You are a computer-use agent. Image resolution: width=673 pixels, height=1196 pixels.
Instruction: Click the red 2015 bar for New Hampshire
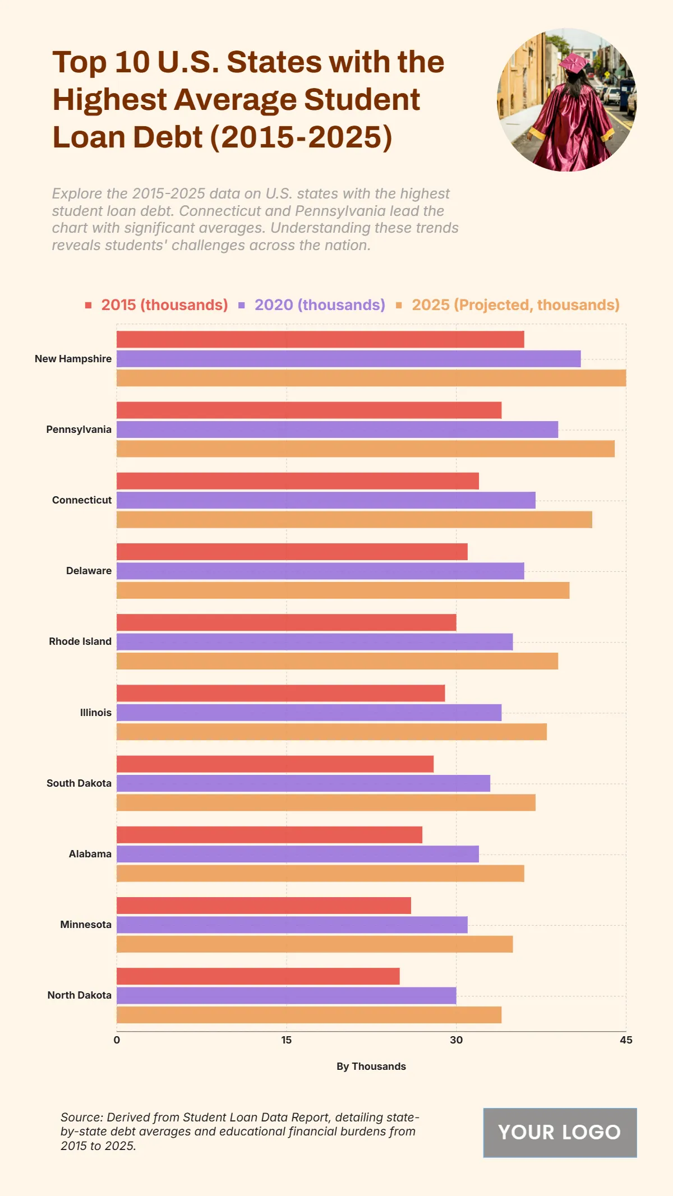click(x=320, y=339)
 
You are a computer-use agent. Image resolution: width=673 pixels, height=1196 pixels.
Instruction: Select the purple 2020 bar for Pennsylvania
click(x=336, y=430)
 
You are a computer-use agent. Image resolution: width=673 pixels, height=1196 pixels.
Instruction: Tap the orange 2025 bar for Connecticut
click(x=353, y=520)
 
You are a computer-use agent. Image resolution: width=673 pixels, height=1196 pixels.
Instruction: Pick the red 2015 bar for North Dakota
click(x=258, y=976)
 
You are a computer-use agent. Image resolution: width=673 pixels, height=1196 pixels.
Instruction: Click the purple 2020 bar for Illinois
click(x=308, y=713)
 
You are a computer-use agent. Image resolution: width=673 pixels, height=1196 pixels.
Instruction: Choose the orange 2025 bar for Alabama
click(x=320, y=874)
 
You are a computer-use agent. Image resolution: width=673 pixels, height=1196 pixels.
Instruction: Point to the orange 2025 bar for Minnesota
click(x=314, y=944)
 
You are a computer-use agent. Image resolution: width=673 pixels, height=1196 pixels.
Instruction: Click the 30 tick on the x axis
click(x=456, y=1040)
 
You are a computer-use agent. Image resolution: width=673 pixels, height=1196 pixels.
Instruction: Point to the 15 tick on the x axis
click(x=287, y=1040)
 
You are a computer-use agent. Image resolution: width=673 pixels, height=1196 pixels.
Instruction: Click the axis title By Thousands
click(x=371, y=1066)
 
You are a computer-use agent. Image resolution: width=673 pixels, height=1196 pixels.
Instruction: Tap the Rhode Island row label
click(x=80, y=641)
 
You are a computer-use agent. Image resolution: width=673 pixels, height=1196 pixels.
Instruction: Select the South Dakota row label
click(x=79, y=783)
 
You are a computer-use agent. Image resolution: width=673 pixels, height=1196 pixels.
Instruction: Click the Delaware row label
click(x=89, y=571)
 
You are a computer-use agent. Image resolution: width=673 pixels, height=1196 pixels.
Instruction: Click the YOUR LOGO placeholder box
click(x=560, y=1132)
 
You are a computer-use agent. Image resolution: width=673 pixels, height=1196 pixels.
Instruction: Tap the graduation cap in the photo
click(x=573, y=63)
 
